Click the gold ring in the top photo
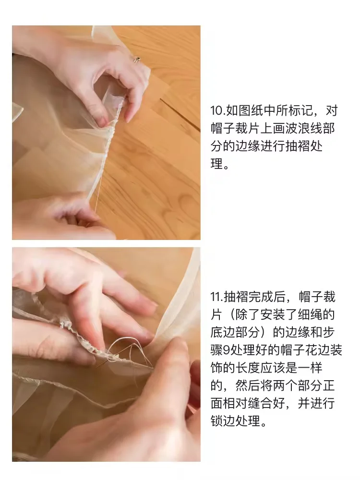tap(137, 60)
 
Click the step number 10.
tap(216, 111)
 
